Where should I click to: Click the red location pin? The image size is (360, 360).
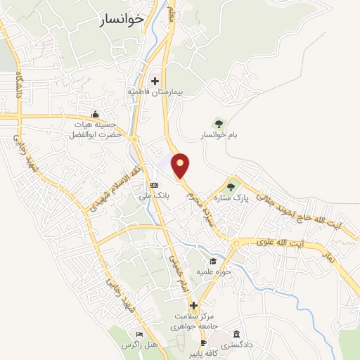pos(181,165)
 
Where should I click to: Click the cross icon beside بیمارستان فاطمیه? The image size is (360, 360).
pos(155,82)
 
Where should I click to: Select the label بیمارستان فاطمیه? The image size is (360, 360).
pos(153,92)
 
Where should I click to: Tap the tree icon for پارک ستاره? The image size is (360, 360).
pos(231,186)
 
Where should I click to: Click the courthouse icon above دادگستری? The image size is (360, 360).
pos(236,333)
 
